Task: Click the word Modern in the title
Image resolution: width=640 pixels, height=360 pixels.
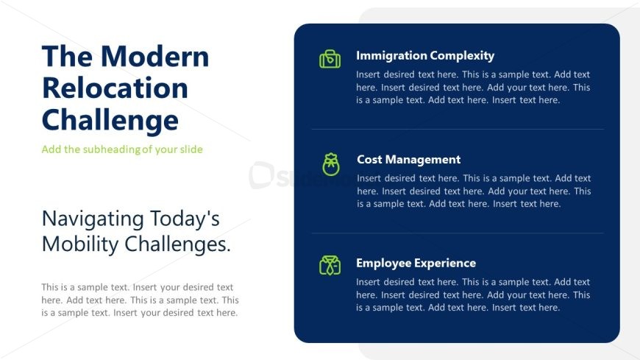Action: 154,56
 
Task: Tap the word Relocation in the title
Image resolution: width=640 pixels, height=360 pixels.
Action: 115,88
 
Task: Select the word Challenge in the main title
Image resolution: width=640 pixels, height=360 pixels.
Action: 110,121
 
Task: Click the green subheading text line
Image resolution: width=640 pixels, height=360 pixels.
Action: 122,149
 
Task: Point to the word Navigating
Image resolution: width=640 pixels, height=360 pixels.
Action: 93,219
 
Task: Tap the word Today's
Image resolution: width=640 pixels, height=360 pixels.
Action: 185,219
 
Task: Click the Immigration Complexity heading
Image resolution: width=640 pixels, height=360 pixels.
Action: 425,55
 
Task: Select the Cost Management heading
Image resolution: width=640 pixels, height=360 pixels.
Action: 408,159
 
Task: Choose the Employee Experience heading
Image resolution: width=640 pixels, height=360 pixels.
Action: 416,263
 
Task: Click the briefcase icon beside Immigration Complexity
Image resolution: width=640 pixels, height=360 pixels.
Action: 330,59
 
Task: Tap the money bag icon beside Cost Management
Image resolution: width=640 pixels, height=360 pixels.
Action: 330,164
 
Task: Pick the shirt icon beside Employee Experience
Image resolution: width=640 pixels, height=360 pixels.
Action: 330,266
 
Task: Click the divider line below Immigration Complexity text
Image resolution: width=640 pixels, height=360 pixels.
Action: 458,129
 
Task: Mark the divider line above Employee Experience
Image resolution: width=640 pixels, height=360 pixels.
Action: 458,233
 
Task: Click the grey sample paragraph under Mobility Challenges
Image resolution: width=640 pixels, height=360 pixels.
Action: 140,300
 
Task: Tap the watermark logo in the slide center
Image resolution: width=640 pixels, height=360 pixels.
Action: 261,175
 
